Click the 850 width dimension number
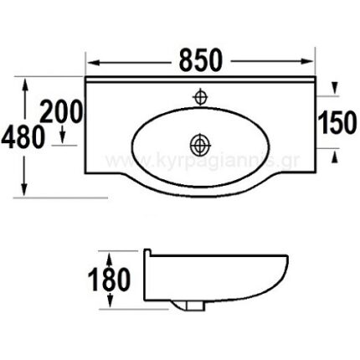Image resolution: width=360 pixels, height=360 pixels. click(x=201, y=60)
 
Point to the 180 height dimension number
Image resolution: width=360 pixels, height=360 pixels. click(x=109, y=280)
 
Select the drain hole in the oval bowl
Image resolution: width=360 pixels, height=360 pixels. click(x=199, y=143)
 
